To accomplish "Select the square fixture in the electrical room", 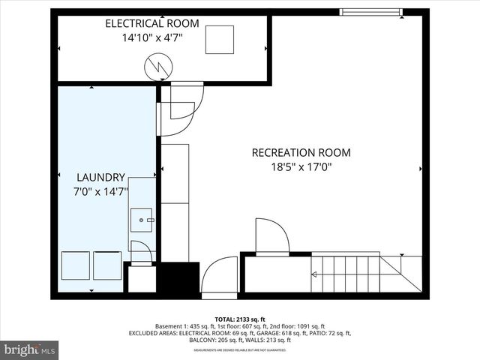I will (x=220, y=39).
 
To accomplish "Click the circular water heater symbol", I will (x=157, y=68).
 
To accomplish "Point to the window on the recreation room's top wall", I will (x=370, y=11).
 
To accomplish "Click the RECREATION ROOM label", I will (x=301, y=153).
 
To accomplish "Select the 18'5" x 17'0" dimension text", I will (x=301, y=168).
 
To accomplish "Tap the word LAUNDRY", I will (x=100, y=178).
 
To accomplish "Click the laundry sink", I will (x=142, y=220).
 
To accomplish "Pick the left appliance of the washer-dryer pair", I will (x=76, y=265).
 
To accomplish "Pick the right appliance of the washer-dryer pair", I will (x=108, y=265).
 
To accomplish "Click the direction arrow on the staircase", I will (x=313, y=274).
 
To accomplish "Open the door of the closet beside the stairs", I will (x=271, y=236).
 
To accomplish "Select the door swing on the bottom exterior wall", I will (x=220, y=275).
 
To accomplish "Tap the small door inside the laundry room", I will (x=141, y=252).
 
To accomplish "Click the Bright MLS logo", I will (x=29, y=349).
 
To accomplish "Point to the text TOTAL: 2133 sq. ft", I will (x=240, y=319).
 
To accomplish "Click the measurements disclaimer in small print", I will (x=240, y=349).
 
